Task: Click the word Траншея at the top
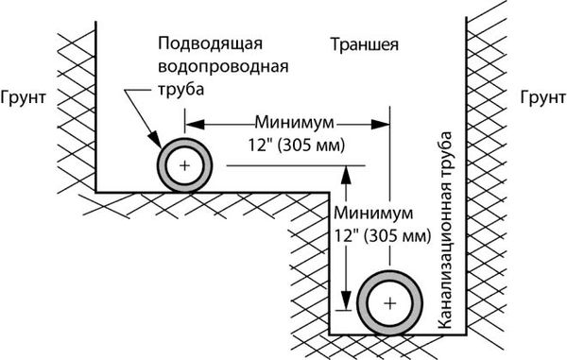(365, 44)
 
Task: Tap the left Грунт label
(25, 97)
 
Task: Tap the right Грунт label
(541, 97)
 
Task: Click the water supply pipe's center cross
(184, 166)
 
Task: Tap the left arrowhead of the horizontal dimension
(189, 123)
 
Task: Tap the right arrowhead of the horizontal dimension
(385, 123)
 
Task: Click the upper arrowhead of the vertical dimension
(348, 172)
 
